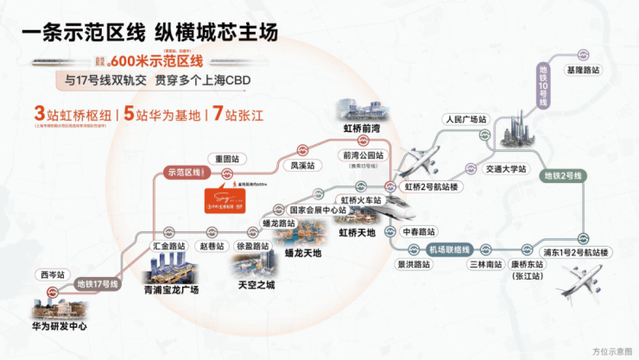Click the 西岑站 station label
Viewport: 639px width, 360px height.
point(51,275)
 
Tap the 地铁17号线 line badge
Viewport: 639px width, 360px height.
point(98,283)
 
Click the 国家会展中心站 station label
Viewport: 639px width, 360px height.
point(318,210)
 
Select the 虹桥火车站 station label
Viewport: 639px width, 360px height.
point(361,199)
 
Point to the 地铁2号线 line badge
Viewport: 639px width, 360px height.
point(563,176)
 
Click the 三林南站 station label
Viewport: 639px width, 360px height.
point(484,264)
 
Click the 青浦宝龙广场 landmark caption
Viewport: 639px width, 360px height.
point(171,290)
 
